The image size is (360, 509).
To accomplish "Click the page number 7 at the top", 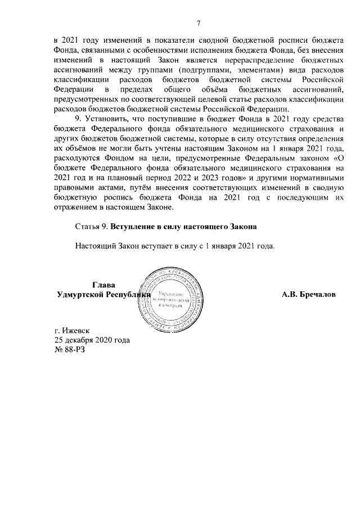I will coord(198,22).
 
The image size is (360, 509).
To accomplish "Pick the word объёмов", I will coord(77,145).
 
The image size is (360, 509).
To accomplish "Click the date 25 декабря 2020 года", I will coord(92,340).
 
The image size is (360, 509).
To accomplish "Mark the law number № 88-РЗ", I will coord(69,349).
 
